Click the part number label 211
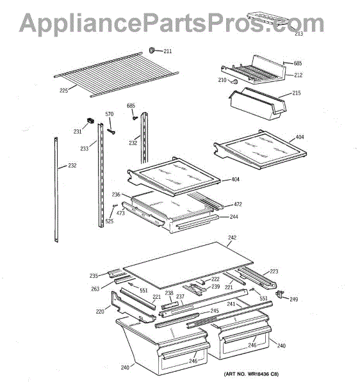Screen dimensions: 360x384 [x=168, y=51]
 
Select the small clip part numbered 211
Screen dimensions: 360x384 [x=152, y=50]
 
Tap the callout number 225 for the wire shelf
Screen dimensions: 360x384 [x=63, y=91]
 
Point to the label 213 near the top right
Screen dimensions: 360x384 [x=299, y=34]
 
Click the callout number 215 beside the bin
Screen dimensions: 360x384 [x=297, y=93]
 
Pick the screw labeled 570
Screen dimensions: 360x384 [x=111, y=132]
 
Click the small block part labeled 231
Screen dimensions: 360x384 [x=90, y=121]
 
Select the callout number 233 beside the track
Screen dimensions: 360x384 [x=85, y=148]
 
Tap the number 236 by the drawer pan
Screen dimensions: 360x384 [x=116, y=195]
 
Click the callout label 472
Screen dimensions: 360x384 [x=238, y=204]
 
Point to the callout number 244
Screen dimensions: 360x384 [x=234, y=217]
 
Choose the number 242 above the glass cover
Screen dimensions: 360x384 [x=232, y=237]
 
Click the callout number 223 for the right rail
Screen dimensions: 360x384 [x=274, y=271]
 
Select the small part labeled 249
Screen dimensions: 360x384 [x=279, y=294]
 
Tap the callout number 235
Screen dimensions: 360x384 [x=94, y=276]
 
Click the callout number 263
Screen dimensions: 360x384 [x=95, y=289]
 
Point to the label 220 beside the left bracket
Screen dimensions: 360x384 [x=100, y=312]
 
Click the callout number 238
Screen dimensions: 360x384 [x=169, y=293]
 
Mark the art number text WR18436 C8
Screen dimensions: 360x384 [x=263, y=374]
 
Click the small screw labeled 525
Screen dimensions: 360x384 [x=115, y=206]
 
